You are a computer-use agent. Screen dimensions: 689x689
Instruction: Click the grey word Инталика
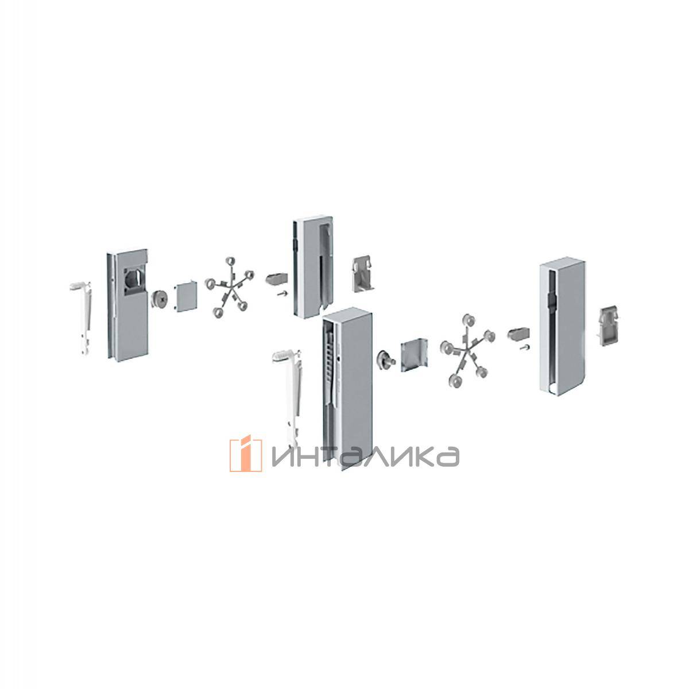[365, 456]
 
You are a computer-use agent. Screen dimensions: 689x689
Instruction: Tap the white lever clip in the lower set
[288, 396]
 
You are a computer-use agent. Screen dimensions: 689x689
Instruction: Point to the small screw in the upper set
[282, 304]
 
